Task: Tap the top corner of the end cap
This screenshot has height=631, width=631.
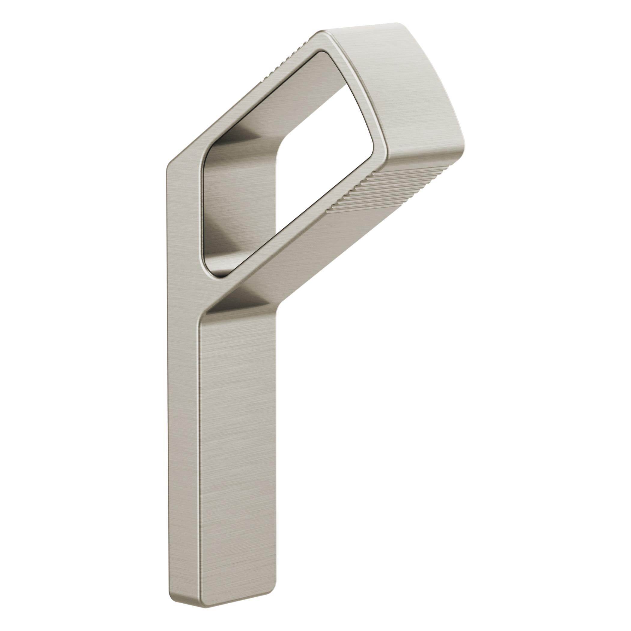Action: tap(397, 25)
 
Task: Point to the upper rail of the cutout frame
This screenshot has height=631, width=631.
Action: tap(248, 98)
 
